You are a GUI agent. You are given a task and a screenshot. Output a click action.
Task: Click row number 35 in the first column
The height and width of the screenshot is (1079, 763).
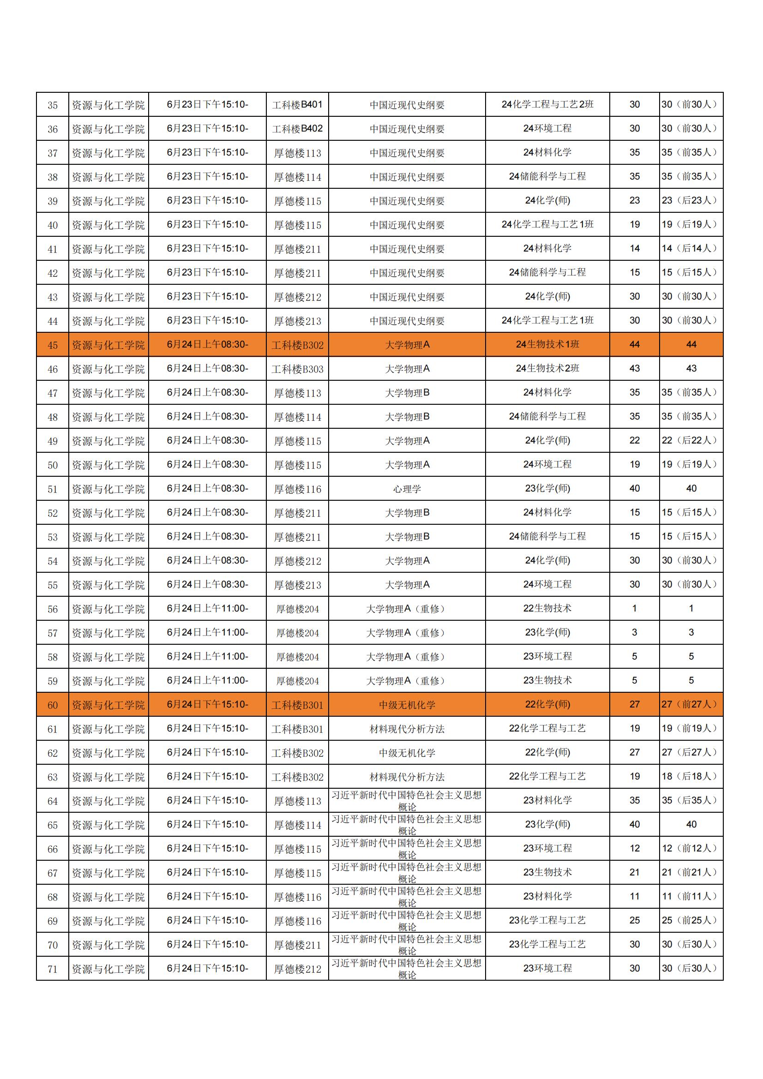52,105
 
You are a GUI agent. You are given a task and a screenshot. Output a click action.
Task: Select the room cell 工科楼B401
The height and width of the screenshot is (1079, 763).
297,105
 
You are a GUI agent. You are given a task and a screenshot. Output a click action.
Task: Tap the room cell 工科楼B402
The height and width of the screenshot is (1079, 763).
297,129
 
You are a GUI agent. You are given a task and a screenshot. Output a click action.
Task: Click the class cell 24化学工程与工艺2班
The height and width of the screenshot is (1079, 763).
547,105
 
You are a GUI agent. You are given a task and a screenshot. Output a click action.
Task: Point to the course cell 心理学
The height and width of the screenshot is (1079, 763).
407,489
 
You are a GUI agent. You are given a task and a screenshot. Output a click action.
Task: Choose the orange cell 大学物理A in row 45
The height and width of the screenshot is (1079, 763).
407,345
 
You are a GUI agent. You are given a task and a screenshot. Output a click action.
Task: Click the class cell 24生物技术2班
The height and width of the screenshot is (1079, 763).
547,369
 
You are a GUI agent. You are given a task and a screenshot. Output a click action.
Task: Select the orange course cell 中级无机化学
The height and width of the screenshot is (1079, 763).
407,705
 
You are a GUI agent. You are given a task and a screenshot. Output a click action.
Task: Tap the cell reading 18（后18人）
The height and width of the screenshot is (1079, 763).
691,777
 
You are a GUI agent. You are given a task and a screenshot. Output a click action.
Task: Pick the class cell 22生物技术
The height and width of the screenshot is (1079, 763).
547,609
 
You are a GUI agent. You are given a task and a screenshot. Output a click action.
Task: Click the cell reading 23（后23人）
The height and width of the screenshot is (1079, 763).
691,201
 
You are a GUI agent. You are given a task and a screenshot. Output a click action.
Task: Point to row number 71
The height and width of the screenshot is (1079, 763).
52,969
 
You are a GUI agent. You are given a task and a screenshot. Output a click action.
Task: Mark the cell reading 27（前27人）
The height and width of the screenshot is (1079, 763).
691,705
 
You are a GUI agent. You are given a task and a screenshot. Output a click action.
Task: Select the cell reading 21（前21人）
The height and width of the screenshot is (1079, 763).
691,873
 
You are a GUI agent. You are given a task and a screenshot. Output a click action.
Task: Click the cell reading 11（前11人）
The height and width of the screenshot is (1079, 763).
691,897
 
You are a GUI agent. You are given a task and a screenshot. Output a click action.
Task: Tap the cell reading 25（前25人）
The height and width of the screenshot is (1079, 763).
691,921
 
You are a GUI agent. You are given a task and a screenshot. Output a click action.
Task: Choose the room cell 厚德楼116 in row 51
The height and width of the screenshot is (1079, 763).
297,489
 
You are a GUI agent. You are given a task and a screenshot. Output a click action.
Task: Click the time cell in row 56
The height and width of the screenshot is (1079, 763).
207,609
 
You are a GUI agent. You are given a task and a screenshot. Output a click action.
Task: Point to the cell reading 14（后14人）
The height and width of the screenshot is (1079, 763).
691,249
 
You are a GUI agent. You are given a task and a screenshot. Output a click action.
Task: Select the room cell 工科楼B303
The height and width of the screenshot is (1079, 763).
297,369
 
